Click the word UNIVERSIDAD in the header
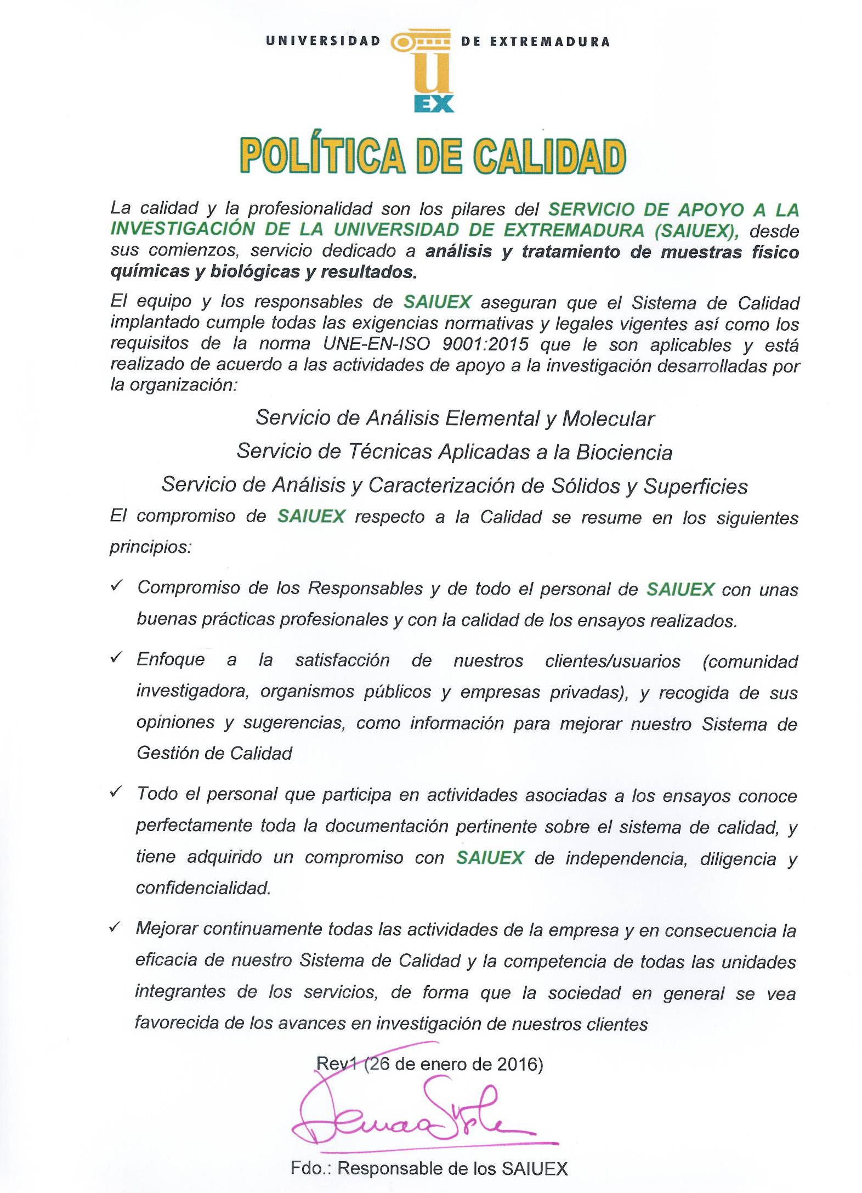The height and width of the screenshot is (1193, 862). point(323,41)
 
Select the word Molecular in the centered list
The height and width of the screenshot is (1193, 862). point(608,419)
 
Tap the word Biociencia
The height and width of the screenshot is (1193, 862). point(624,453)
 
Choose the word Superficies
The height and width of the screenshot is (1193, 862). point(695,487)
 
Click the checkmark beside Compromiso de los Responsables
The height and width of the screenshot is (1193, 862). point(116,586)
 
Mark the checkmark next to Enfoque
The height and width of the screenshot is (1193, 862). point(116,658)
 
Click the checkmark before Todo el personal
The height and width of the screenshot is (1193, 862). point(116,792)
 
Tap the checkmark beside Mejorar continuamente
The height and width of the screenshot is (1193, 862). point(115,927)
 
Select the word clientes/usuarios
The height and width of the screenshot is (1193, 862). point(613,661)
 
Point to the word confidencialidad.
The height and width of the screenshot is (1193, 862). point(203,887)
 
